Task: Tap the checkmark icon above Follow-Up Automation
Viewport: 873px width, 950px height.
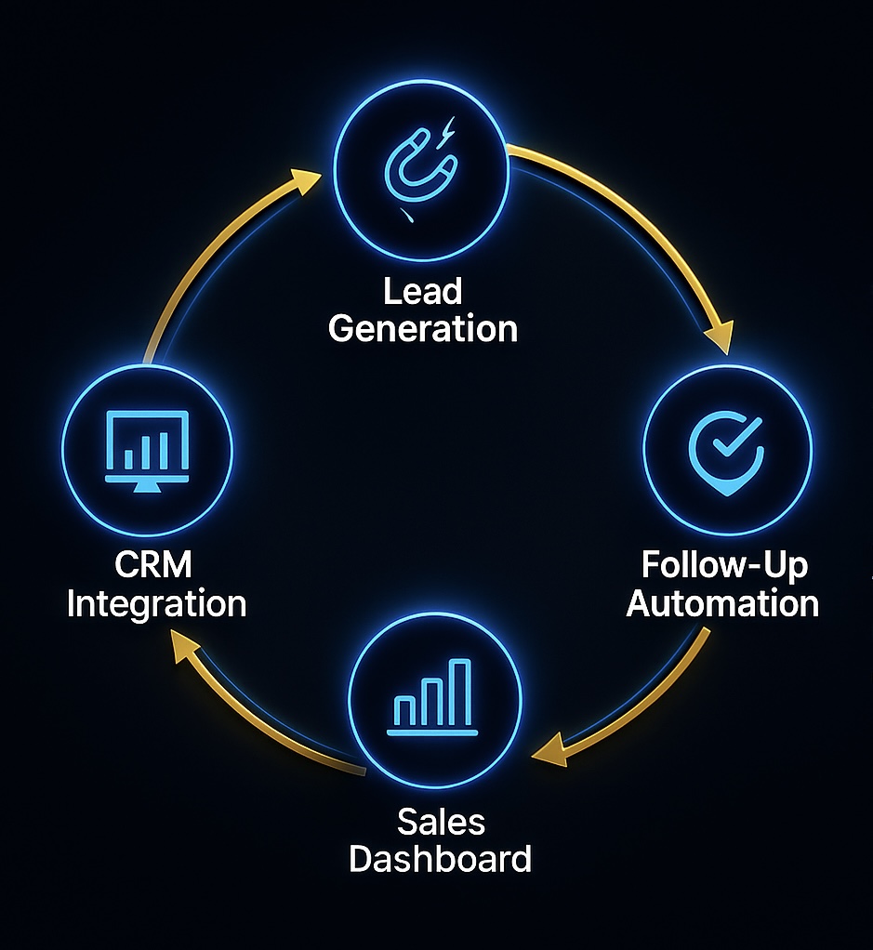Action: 727,449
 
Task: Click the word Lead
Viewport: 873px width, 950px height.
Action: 423,293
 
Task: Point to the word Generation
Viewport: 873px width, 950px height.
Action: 423,329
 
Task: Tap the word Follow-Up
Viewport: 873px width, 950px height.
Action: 724,565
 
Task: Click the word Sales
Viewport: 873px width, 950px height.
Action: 441,821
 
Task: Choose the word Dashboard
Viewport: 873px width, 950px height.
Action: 440,857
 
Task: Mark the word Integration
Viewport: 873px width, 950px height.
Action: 156,603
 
